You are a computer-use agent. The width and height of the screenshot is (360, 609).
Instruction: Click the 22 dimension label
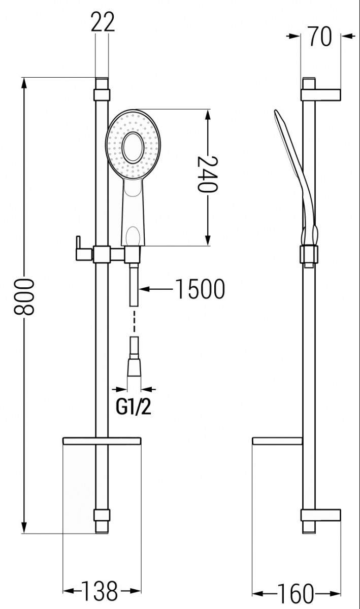point(103,22)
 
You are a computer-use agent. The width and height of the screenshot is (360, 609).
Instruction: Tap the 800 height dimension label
point(24,296)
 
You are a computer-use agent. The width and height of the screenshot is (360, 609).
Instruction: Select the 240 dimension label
point(208,174)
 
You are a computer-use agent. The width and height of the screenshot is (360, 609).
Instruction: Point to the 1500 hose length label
point(200,289)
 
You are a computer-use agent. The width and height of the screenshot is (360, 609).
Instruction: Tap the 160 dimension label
point(295,592)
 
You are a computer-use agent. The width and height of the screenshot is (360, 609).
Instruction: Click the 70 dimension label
point(320,37)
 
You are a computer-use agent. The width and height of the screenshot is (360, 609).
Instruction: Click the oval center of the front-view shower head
point(133,148)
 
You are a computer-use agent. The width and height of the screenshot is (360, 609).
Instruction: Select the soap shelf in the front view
point(102,441)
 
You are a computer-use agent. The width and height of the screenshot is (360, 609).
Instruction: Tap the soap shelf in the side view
point(278,441)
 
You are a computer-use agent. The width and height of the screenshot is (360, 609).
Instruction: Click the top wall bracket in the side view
point(321,95)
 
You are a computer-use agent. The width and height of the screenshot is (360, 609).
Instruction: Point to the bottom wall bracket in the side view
point(321,515)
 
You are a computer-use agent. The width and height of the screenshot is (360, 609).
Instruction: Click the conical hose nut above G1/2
point(134,367)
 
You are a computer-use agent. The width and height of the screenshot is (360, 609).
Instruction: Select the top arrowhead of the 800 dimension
point(24,83)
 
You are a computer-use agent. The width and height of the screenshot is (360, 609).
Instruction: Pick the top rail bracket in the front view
point(102,95)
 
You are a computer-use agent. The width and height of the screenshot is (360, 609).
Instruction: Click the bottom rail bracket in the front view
point(102,515)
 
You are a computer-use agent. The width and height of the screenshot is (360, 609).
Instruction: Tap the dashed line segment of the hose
point(134,321)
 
